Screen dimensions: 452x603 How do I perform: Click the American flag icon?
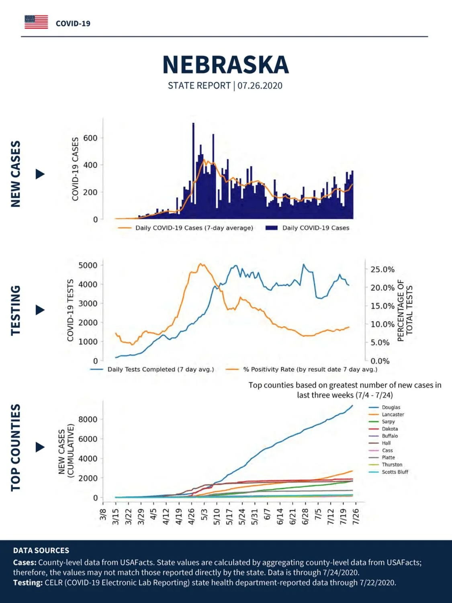(x=36, y=22)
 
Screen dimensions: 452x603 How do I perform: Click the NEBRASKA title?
(x=225, y=65)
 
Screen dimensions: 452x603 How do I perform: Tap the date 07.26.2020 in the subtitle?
(x=260, y=86)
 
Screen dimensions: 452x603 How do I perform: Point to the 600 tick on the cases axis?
(x=90, y=138)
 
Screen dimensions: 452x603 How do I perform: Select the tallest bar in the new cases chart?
(x=193, y=171)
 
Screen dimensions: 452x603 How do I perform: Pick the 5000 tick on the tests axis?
(x=88, y=265)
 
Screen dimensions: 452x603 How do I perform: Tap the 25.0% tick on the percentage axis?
(x=382, y=269)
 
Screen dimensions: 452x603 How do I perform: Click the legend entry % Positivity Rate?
(x=302, y=369)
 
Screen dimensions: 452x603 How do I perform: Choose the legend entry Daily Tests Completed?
(x=152, y=369)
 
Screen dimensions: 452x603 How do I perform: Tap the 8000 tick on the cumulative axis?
(x=88, y=420)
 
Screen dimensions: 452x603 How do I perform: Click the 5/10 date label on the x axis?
(x=217, y=517)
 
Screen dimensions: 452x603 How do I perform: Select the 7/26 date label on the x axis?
(x=356, y=517)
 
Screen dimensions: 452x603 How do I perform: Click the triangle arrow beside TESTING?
(x=40, y=310)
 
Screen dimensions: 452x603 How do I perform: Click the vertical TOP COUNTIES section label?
(x=16, y=447)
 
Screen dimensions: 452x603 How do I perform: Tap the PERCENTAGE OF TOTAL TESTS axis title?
(x=405, y=310)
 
